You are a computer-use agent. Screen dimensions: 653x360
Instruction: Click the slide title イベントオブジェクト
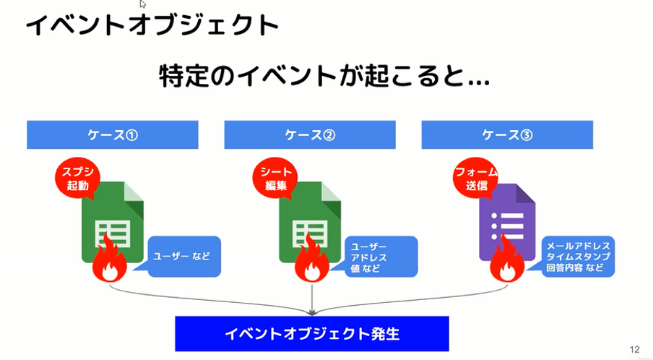pyautogui.click(x=152, y=25)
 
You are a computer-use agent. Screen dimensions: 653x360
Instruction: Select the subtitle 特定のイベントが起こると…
pyautogui.click(x=324, y=75)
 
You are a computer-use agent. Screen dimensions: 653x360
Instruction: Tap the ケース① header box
pyautogui.click(x=113, y=134)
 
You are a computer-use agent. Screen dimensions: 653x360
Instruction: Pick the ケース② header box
pyautogui.click(x=310, y=134)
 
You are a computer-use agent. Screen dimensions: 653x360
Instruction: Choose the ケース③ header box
pyautogui.click(x=507, y=134)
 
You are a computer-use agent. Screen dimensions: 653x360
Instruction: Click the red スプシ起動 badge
pyautogui.click(x=77, y=178)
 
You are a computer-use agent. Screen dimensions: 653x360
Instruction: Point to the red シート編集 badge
pyautogui.click(x=275, y=178)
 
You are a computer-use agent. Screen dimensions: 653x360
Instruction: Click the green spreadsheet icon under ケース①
pyautogui.click(x=113, y=222)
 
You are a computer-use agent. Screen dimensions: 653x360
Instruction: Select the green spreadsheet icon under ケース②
pyautogui.click(x=311, y=222)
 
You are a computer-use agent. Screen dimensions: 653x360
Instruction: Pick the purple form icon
pyautogui.click(x=507, y=222)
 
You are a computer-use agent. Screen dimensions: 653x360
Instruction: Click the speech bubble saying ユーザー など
pyautogui.click(x=181, y=257)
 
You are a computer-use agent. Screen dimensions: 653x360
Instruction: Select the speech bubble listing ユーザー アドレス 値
pyautogui.click(x=378, y=257)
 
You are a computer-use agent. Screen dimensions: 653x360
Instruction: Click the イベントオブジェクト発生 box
pyautogui.click(x=312, y=334)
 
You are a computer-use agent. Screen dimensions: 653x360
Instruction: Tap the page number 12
pyautogui.click(x=634, y=349)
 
